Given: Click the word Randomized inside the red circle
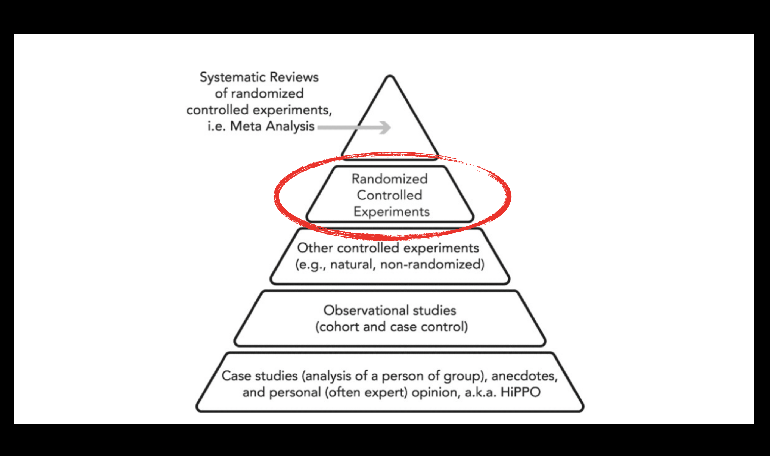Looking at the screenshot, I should (x=389, y=179).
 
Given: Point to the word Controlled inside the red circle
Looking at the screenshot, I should (x=389, y=195).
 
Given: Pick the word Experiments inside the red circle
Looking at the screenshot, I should (x=391, y=212).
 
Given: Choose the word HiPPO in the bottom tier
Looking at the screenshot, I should (x=520, y=392).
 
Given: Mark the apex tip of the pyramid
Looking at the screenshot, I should (x=390, y=77).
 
